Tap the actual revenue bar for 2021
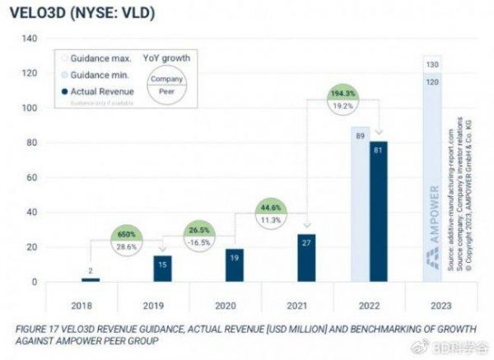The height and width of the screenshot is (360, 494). [x=307, y=258]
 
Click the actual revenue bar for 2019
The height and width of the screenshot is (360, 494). [x=163, y=269]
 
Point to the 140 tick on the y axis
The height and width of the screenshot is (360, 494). [x=30, y=39]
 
